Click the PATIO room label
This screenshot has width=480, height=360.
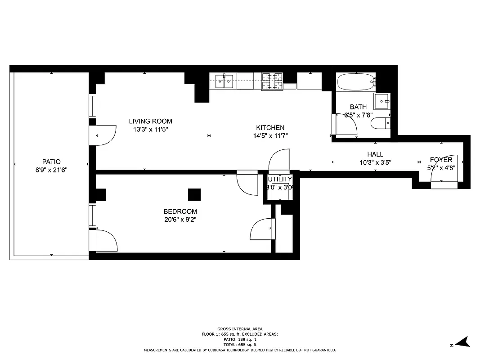51,162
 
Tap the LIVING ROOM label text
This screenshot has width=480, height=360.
150,121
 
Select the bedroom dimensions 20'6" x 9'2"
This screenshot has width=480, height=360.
180,220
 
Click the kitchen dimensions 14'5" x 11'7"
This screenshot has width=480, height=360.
270,135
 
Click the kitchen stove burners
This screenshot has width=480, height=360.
273,81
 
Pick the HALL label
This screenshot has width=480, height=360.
375,154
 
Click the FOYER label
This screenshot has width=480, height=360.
441,160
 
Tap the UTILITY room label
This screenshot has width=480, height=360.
280,179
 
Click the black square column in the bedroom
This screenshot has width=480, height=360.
194,194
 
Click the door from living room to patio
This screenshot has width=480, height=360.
105,135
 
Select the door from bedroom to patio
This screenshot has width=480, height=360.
106,241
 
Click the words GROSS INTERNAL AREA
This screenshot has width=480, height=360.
240,329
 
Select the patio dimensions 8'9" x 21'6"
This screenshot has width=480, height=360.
51,170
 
